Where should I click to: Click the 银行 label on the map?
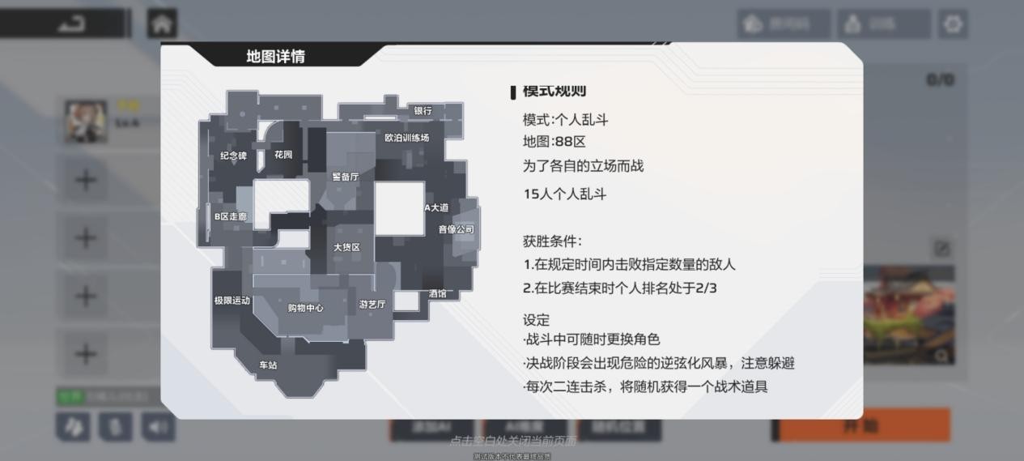[423, 111]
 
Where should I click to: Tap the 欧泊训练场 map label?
[406, 138]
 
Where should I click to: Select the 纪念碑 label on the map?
[233, 156]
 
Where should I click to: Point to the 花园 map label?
[283, 155]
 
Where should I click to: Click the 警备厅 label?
[345, 177]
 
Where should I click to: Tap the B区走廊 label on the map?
[230, 217]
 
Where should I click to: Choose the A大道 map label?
[436, 208]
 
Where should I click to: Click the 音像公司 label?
[456, 229]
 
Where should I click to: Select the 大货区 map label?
[346, 247]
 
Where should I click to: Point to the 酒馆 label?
[437, 293]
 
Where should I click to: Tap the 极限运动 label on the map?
[232, 301]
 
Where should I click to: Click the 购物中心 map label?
[305, 308]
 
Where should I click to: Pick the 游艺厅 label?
[372, 305]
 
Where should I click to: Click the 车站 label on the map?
[268, 365]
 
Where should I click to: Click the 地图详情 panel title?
[276, 57]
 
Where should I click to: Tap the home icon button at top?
[162, 23]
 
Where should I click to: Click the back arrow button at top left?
[71, 23]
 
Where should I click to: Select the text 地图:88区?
[554, 142]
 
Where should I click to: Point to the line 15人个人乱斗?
[564, 194]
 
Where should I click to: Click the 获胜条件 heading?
[552, 241]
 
